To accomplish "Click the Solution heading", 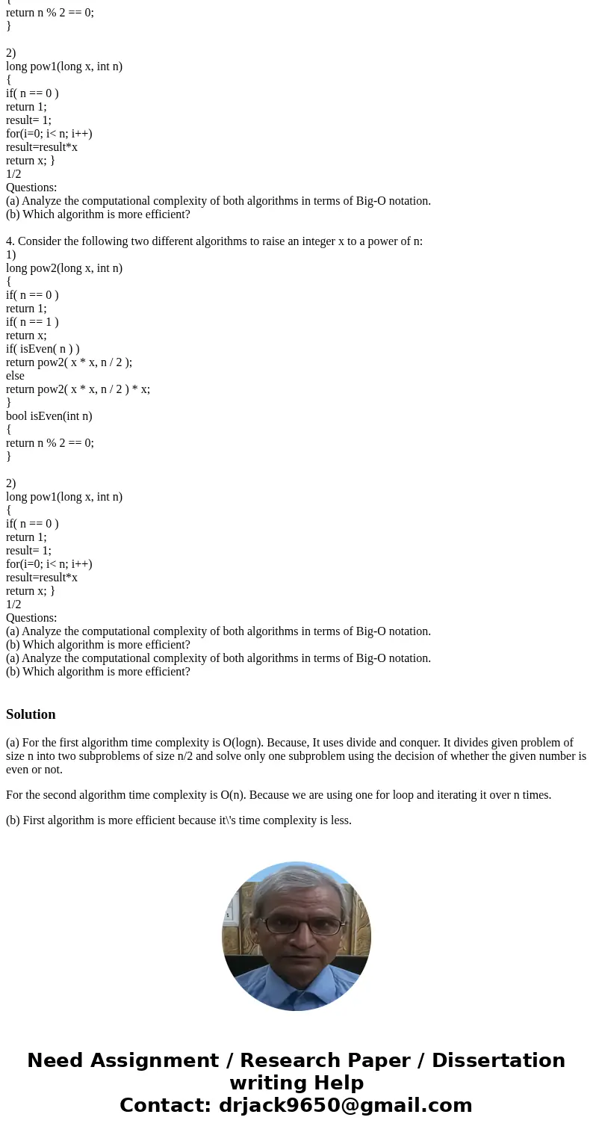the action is click(31, 714).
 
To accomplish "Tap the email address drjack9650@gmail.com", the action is click(345, 1105).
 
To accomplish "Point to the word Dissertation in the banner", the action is click(498, 1060).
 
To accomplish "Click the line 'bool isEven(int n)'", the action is click(49, 416).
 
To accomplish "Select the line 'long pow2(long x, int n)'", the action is click(64, 268).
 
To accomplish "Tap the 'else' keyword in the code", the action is click(15, 376).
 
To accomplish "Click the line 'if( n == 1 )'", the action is click(32, 322).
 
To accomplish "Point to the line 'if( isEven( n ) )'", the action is click(43, 349).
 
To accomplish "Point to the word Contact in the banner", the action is click(164, 1105).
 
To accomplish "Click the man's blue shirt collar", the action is click(296, 980).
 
